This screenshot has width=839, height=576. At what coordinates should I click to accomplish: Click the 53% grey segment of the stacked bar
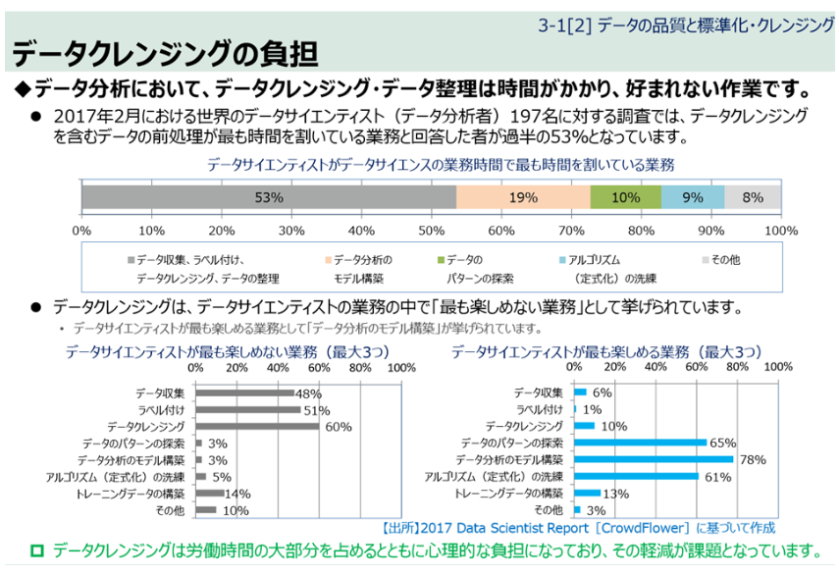click(268, 197)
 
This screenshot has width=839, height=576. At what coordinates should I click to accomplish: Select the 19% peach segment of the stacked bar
click(523, 197)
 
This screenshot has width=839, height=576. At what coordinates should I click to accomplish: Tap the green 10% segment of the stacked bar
click(625, 197)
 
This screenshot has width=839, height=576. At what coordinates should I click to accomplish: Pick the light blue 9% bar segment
click(692, 197)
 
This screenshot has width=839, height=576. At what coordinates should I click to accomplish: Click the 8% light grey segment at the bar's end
click(753, 197)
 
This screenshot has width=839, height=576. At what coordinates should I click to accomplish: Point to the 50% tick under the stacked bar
click(431, 231)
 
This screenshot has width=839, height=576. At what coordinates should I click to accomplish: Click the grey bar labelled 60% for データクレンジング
click(257, 426)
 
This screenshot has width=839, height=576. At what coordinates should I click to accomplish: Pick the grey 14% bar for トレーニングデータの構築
click(210, 493)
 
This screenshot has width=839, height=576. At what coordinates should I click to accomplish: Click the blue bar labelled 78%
click(654, 459)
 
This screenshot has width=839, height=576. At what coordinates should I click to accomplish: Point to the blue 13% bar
click(587, 493)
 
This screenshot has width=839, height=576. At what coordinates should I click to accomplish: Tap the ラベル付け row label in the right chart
click(539, 409)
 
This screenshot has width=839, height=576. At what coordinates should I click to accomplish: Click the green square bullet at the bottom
click(37, 551)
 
